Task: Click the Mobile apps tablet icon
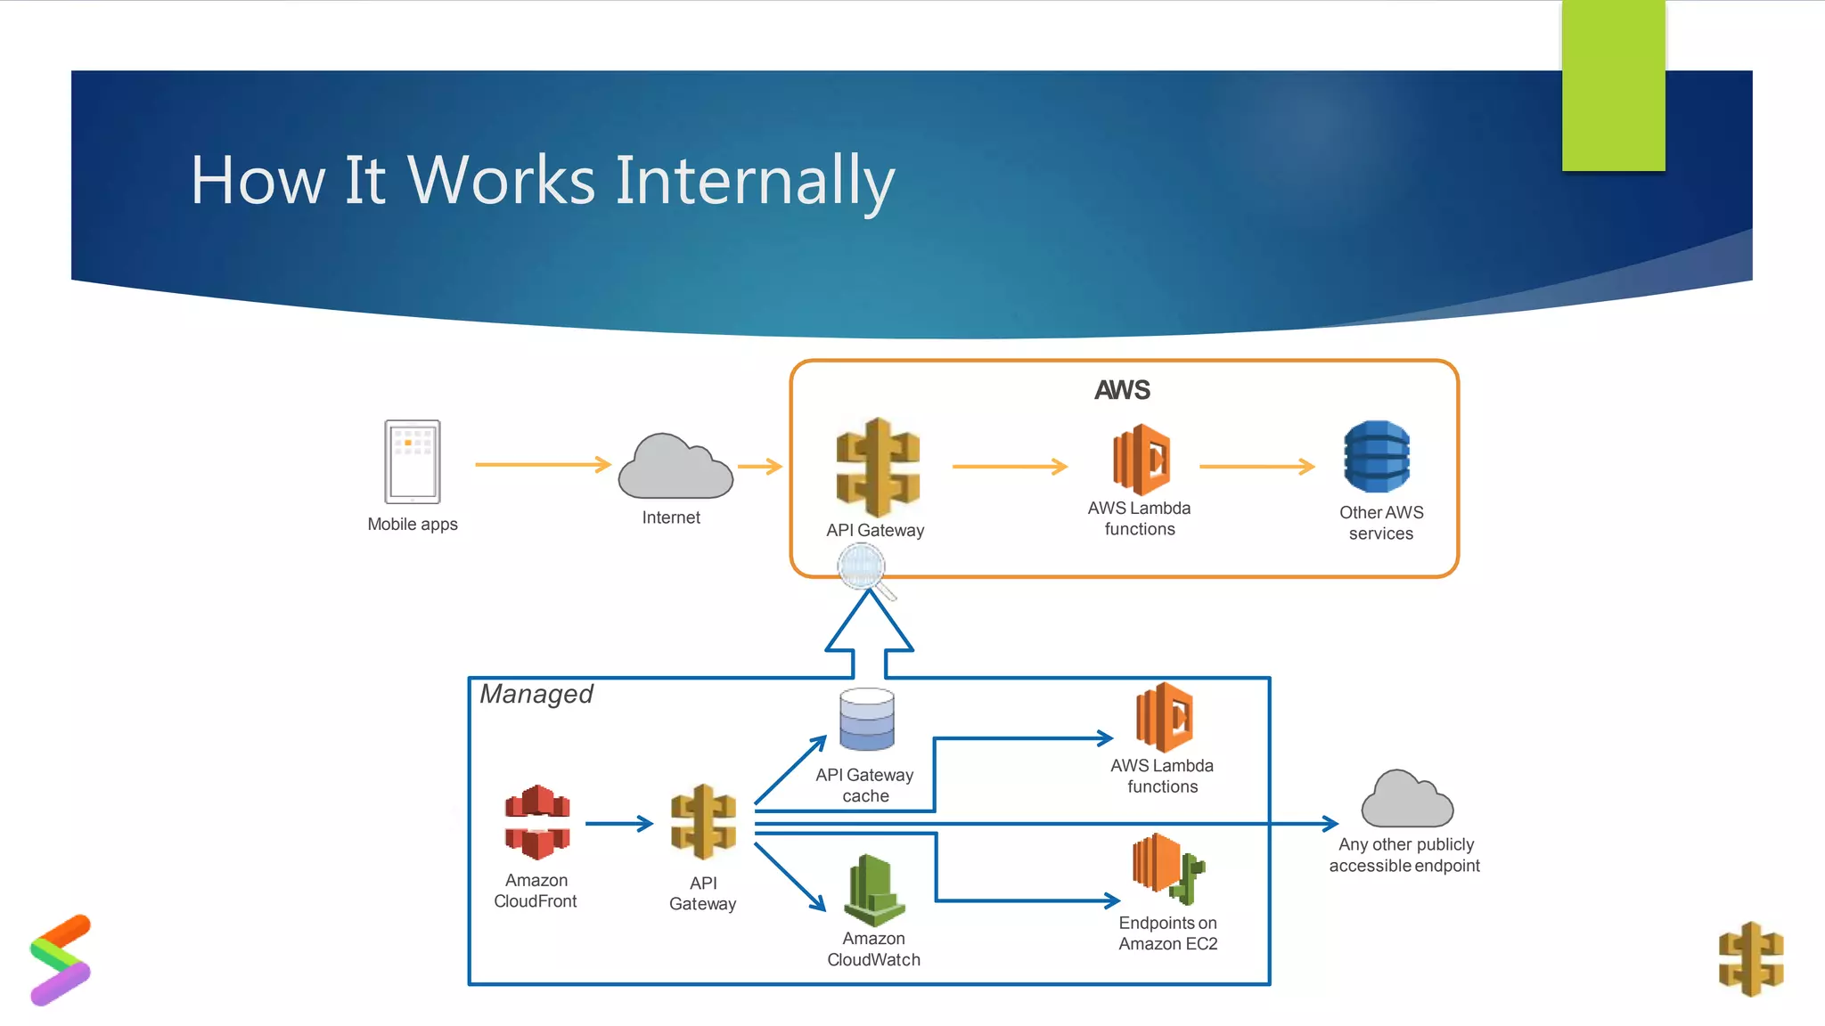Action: [x=413, y=461]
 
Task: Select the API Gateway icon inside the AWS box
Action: [x=878, y=468]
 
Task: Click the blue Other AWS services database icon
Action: [x=1377, y=457]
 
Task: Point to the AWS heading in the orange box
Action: [x=1122, y=390]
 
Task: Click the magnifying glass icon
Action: [x=863, y=568]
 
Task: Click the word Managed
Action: [x=536, y=694]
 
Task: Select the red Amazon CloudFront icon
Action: [x=537, y=822]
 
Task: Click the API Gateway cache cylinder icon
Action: [x=866, y=720]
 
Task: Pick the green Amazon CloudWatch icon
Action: [x=874, y=890]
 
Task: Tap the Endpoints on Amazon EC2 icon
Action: [x=1167, y=867]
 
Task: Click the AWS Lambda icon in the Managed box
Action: [x=1164, y=717]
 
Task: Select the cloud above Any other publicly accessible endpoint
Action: [x=1406, y=800]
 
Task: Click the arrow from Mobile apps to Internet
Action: [x=542, y=464]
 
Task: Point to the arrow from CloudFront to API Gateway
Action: [x=619, y=824]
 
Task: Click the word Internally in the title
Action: [x=755, y=181]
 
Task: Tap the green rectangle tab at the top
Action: [x=1613, y=85]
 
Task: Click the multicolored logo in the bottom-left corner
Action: [x=61, y=959]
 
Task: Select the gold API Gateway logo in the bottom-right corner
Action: [x=1751, y=958]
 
